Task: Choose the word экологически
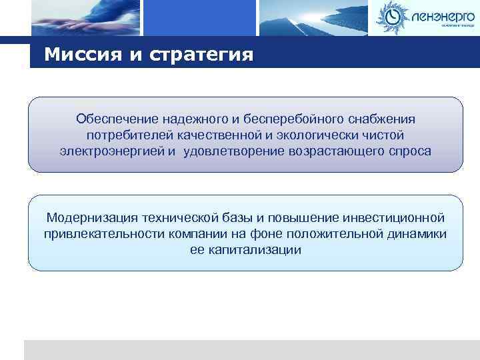tap(321, 135)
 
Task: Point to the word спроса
tap(409, 151)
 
